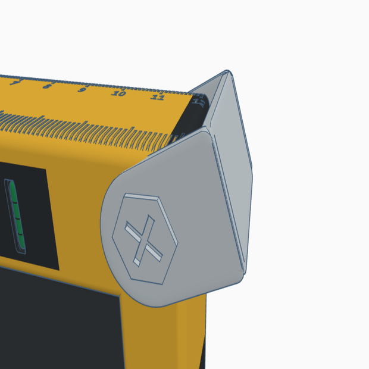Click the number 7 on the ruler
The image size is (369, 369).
coord(14,83)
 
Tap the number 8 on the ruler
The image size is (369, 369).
coord(46,86)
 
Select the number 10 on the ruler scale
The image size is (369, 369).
coord(119,93)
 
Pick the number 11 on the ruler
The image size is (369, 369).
coord(157,97)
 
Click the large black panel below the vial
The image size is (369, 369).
coord(60,315)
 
